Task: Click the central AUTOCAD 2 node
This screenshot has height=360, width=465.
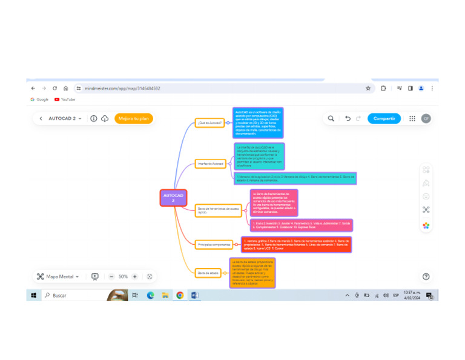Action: [173, 198]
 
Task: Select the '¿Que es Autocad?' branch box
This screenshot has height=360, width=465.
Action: [210, 122]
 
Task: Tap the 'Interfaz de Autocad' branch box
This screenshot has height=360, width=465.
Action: [210, 164]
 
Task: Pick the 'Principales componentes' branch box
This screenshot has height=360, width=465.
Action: [214, 245]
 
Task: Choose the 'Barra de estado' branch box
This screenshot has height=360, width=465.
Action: [208, 273]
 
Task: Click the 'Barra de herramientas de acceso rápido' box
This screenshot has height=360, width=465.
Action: [219, 210]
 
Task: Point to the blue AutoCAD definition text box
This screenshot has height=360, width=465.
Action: [258, 123]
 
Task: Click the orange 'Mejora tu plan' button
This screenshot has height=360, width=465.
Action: [134, 119]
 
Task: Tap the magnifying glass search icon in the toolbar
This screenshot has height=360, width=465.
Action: [331, 119]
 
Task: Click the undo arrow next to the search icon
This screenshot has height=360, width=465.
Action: [348, 119]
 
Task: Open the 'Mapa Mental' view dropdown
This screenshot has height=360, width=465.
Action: [58, 276]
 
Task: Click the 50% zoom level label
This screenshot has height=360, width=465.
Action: [123, 276]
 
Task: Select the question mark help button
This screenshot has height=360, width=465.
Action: [426, 276]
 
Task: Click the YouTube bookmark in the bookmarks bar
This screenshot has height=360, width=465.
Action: [65, 99]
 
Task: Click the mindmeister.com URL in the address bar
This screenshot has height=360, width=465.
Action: [122, 88]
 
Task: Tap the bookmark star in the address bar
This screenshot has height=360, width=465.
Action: [368, 88]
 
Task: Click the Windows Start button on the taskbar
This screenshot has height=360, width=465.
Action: [33, 296]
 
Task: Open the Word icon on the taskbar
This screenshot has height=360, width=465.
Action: [195, 296]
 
